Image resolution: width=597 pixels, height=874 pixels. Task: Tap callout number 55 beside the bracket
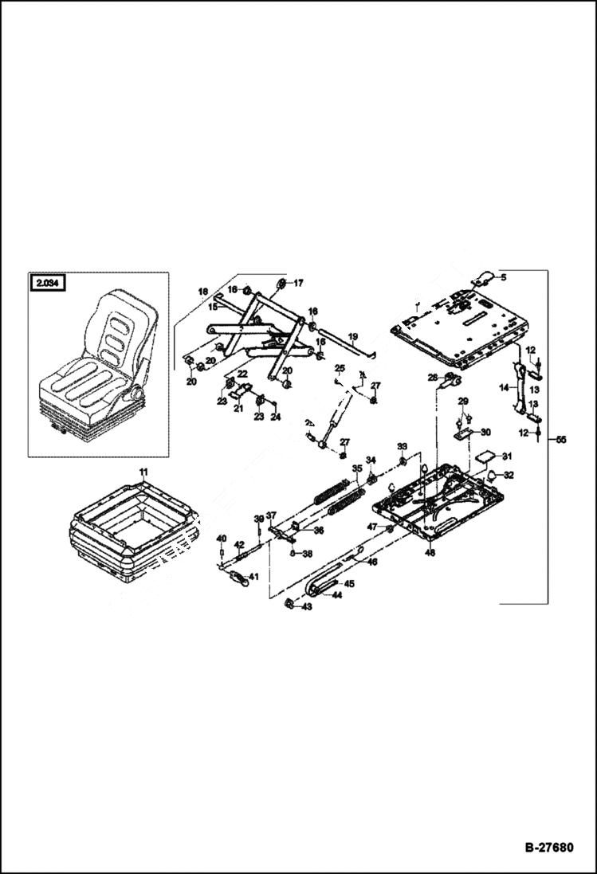point(560,439)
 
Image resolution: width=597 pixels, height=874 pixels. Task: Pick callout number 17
point(299,283)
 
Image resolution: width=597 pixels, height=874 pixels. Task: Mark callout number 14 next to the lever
point(504,387)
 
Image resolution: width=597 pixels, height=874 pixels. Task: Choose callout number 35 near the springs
point(358,468)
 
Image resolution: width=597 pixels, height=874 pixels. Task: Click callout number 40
point(222,538)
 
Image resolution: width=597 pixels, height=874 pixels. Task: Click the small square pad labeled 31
point(483,460)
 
